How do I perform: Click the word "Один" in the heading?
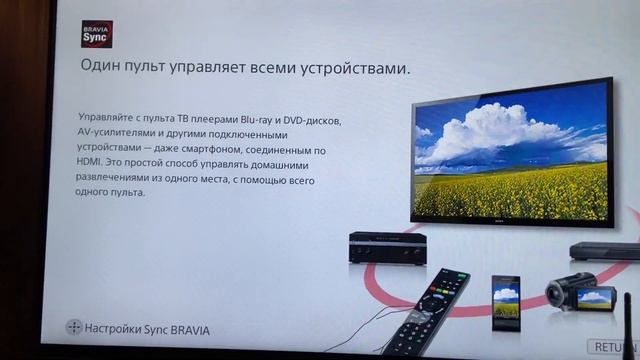(102, 68)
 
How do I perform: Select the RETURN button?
(615, 346)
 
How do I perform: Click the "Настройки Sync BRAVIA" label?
(148, 328)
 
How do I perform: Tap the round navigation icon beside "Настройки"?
(73, 328)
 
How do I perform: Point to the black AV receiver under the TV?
(388, 246)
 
